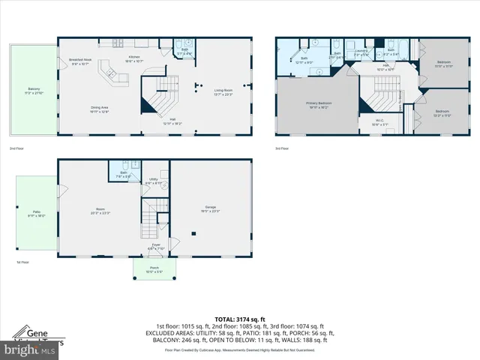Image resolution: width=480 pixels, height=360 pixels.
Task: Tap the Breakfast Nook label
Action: pyautogui.click(x=80, y=61)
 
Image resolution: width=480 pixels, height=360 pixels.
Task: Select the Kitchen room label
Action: pyautogui.click(x=133, y=57)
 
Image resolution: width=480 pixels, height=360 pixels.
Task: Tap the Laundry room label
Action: pyautogui.click(x=361, y=50)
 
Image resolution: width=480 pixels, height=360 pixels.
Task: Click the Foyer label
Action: pyautogui.click(x=156, y=245)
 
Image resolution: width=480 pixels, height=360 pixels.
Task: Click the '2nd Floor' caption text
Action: pyautogui.click(x=16, y=148)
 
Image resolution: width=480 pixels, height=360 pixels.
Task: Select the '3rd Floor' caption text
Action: pyautogui.click(x=281, y=148)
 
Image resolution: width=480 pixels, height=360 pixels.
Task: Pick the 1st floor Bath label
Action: pyautogui.click(x=121, y=174)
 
